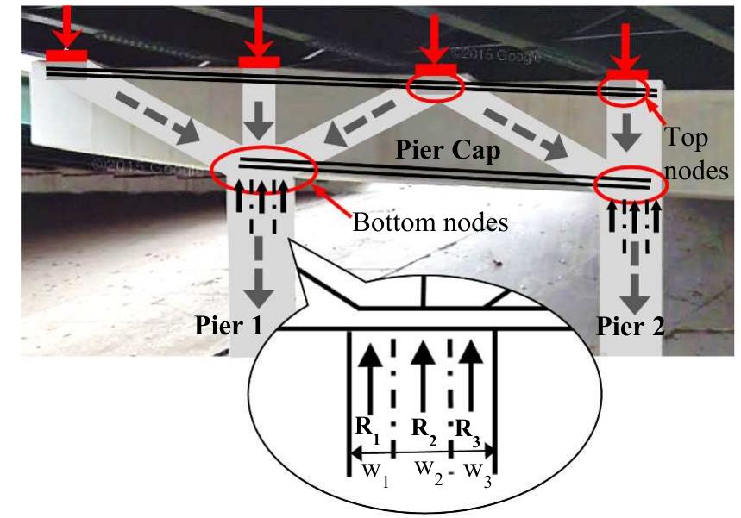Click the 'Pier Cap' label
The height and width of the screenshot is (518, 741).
click(447, 151)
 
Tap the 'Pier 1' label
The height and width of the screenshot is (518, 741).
click(229, 325)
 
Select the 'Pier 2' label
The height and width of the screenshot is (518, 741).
click(630, 327)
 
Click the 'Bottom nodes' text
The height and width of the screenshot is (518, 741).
click(430, 222)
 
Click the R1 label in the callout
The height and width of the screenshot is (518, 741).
click(367, 430)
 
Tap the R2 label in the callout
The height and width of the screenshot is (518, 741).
click(424, 431)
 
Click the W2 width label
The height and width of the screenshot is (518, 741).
click(429, 472)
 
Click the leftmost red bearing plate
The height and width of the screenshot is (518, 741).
click(66, 56)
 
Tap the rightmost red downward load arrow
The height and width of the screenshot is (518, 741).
click(625, 47)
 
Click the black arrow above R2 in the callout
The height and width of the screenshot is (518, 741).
click(423, 377)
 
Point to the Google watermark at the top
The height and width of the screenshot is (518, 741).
click(495, 54)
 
